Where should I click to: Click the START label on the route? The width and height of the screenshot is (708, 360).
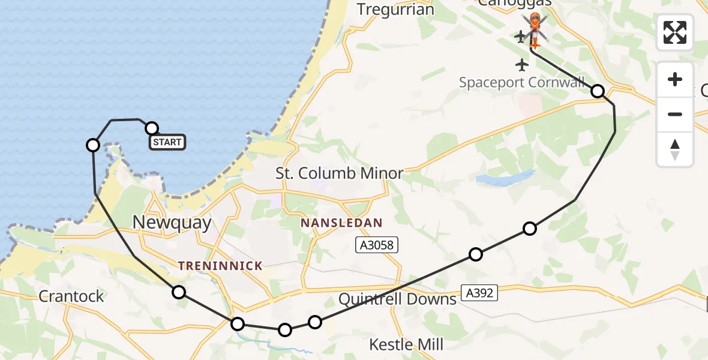point(167,142)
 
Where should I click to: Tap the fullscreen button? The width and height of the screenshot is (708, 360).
point(675,32)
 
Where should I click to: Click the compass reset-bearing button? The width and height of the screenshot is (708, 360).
point(675,149)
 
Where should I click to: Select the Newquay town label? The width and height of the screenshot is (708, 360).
point(172,223)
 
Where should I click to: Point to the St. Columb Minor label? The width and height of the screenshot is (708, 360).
point(339,174)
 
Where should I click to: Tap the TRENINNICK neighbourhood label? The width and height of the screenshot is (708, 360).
point(220,265)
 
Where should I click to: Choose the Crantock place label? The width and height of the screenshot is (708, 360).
point(71,296)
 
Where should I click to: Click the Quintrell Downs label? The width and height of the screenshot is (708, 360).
point(397,299)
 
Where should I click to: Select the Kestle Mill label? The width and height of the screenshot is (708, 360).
point(406,344)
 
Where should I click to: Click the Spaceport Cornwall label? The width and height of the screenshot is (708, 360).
point(522,82)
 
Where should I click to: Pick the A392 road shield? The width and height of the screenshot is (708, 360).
point(480,293)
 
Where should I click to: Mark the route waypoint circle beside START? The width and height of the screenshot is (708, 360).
point(152,128)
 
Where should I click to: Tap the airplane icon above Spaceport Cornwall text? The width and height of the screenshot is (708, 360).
point(522,64)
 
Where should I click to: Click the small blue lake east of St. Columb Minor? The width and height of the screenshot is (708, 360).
point(504,178)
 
